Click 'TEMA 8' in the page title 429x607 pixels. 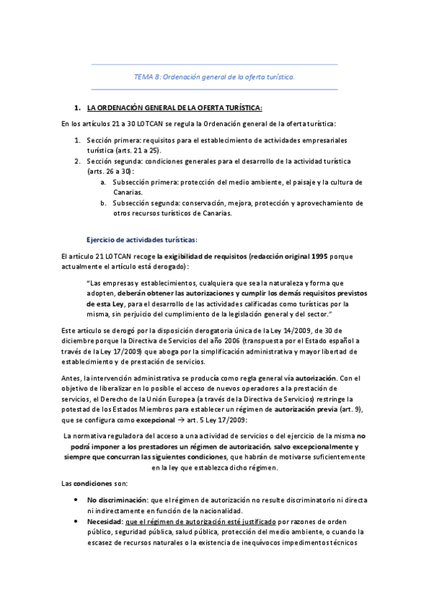coord(147,77)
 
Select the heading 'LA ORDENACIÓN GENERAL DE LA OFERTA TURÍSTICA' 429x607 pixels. coord(174,108)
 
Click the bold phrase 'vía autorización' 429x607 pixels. coord(309,377)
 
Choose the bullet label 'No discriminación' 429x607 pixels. coord(117,500)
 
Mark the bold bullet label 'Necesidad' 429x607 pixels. coord(105,522)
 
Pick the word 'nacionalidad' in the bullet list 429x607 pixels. coord(216,510)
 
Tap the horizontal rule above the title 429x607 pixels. coord(215,65)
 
